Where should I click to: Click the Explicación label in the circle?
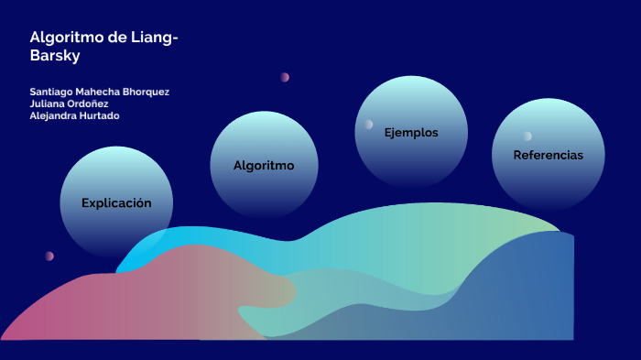(x=116, y=202)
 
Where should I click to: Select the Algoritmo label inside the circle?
(x=264, y=166)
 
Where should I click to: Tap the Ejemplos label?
(x=411, y=133)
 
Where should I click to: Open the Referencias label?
(x=548, y=155)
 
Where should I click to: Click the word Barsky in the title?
(x=56, y=55)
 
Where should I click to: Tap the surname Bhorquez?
(x=147, y=92)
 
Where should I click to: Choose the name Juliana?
(x=49, y=104)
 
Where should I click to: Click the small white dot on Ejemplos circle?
(x=368, y=125)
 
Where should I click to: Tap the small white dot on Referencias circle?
(x=527, y=136)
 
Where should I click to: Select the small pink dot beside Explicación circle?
(x=49, y=256)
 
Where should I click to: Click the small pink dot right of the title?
(x=285, y=77)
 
